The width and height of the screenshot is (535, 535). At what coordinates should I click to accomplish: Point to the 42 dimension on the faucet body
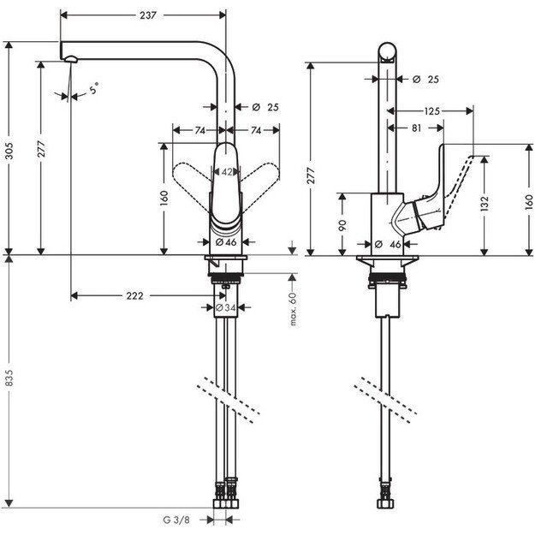click(226, 171)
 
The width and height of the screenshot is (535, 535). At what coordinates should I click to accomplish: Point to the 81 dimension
click(415, 128)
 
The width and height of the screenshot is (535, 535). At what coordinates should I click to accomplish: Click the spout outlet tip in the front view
click(71, 58)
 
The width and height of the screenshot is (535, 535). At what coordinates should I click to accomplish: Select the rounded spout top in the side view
click(387, 48)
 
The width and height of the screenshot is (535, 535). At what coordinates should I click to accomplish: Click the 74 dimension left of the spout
click(198, 130)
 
